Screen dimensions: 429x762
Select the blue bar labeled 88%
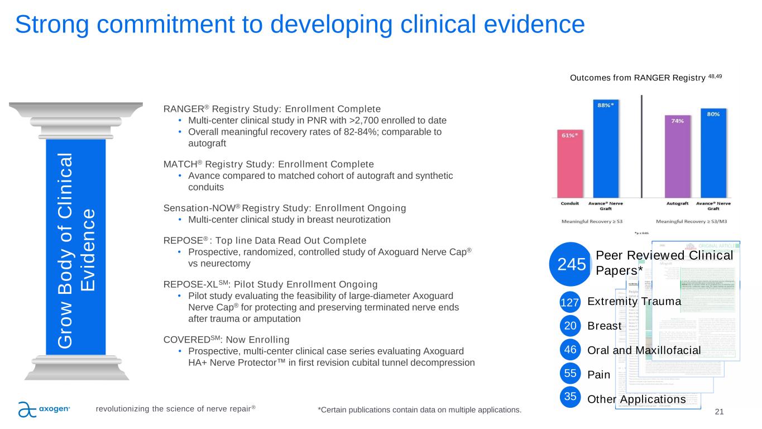[x=608, y=148]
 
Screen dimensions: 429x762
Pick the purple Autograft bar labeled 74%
[x=677, y=156]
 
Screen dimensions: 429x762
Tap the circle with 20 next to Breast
[x=569, y=326]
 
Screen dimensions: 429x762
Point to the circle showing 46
[x=569, y=350]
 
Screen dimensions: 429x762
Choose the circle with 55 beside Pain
[x=569, y=374]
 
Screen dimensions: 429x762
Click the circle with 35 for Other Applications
[x=569, y=398]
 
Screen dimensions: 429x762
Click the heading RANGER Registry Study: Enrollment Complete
[x=272, y=108]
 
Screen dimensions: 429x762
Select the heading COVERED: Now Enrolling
[x=226, y=340]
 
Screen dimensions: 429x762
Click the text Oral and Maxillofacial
[x=644, y=350]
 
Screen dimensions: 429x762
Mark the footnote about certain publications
[x=419, y=411]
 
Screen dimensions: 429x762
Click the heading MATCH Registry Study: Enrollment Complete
[x=269, y=164]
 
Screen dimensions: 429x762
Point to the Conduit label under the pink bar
[x=570, y=203]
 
